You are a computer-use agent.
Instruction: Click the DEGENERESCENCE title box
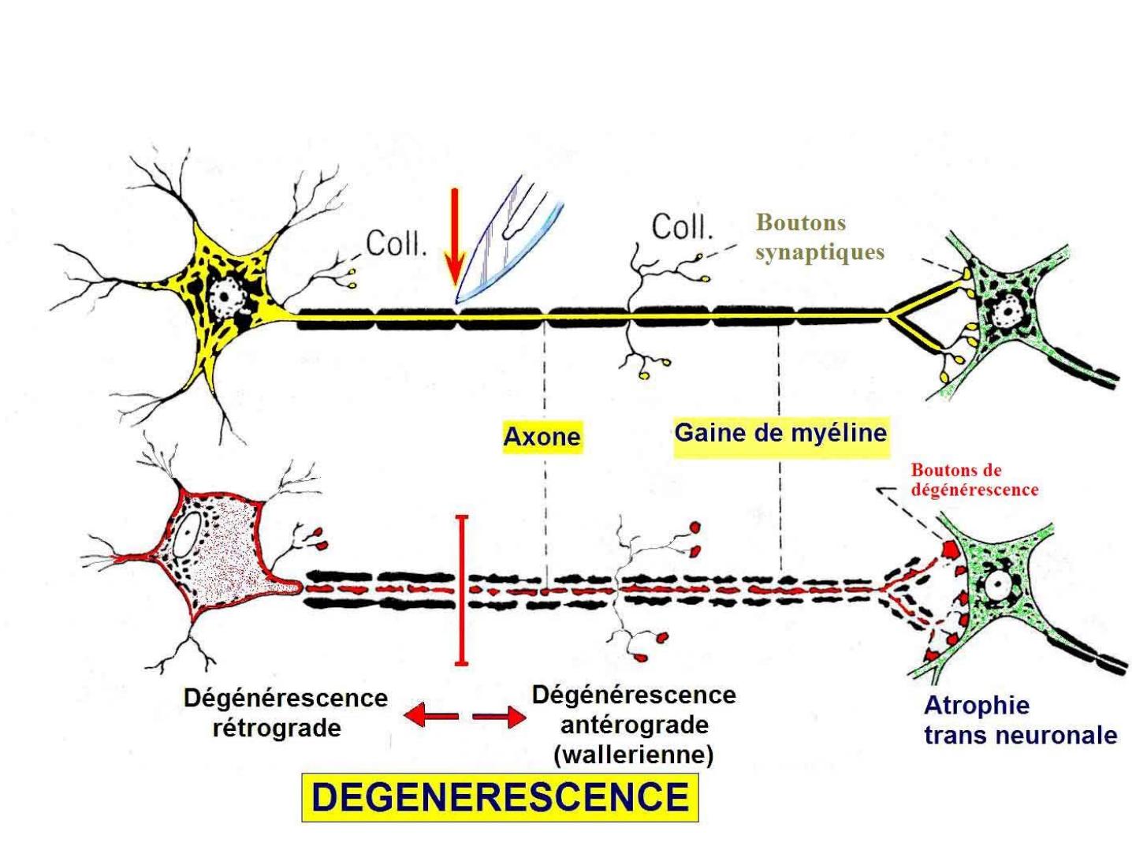point(500,797)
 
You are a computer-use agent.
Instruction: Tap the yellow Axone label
point(542,436)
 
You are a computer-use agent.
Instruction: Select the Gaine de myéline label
point(780,433)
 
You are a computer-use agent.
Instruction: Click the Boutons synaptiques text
point(819,237)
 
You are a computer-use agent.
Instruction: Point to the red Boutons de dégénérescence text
point(974,479)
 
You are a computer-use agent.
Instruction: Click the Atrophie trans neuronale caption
point(1019,721)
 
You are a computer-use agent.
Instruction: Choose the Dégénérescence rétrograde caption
point(285,713)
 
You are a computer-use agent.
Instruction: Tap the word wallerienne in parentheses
point(634,755)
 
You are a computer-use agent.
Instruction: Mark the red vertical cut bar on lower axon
point(462,591)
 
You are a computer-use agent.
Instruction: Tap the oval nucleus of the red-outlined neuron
point(186,536)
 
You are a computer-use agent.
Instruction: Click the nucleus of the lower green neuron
point(998,585)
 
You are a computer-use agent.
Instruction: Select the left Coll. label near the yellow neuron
point(396,244)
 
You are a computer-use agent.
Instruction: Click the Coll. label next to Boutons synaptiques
point(681,227)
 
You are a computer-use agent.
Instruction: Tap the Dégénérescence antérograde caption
point(634,710)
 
